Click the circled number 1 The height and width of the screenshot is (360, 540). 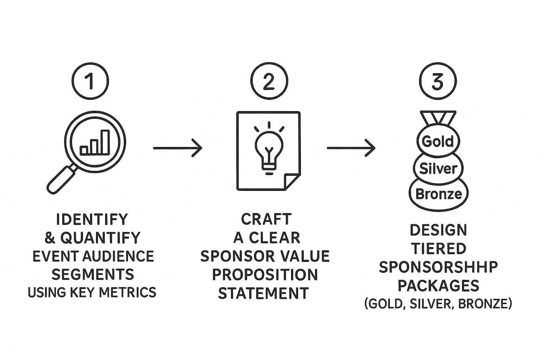click(90, 81)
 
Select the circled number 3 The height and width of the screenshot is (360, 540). click(438, 81)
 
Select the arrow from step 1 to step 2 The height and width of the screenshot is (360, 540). click(178, 148)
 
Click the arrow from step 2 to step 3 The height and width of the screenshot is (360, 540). click(351, 148)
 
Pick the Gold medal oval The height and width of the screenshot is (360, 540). click(438, 142)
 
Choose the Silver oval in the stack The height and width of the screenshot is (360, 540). click(438, 169)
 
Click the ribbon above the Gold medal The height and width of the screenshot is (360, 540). click(438, 118)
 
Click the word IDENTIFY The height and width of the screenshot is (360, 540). click(92, 219)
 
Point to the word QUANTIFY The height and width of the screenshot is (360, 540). click(101, 238)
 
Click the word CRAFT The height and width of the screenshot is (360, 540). click(266, 219)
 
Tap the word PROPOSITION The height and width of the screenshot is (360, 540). click(265, 275)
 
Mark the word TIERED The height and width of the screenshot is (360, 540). click(439, 249)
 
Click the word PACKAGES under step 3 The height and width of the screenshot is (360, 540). click(438, 286)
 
